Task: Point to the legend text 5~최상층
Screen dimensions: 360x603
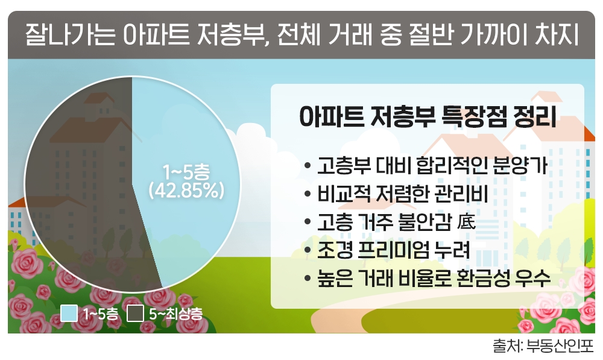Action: tap(175, 314)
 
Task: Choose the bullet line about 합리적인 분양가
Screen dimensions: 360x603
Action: tap(432, 166)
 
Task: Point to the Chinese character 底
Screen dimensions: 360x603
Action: tap(467, 223)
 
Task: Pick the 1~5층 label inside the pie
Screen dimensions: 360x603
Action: tap(186, 172)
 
